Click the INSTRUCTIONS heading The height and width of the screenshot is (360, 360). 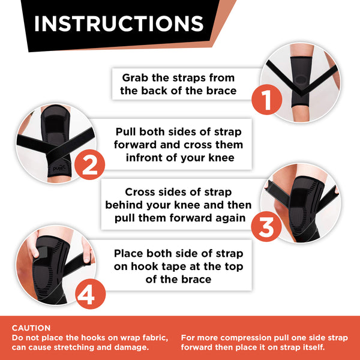coord(119,23)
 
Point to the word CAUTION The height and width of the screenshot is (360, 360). coord(31,328)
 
